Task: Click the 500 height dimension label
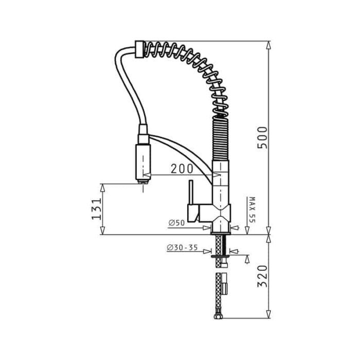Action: [262, 137]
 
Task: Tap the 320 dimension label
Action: [262, 276]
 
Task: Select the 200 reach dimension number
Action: [182, 169]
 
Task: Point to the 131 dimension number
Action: [97, 209]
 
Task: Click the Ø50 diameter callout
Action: [176, 223]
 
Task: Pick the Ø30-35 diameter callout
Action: [182, 247]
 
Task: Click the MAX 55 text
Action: [252, 210]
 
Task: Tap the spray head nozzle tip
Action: [143, 182]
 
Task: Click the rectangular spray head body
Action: [143, 162]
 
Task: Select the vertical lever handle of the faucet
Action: [191, 192]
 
